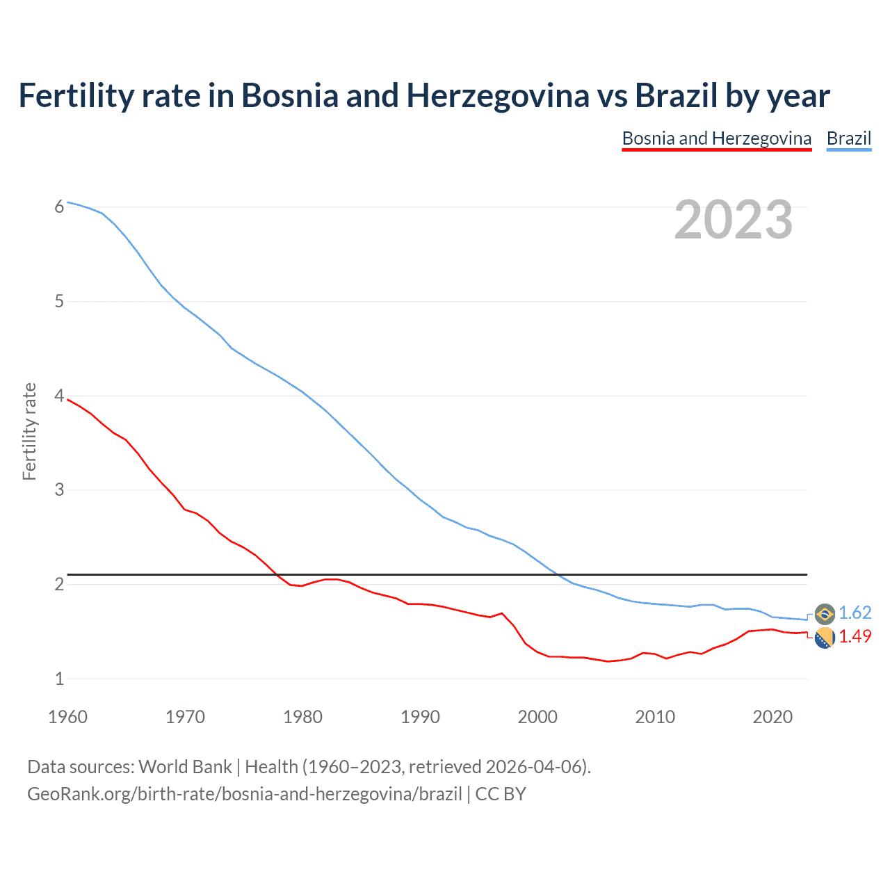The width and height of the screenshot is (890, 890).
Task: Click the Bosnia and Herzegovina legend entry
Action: (716, 138)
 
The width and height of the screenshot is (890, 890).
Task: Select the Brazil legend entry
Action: (848, 138)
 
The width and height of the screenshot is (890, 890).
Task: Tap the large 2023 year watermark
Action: (733, 220)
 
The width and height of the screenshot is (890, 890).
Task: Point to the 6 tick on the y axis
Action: (59, 207)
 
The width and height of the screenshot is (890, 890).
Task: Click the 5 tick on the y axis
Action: (59, 301)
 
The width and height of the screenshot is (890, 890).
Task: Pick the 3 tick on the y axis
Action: (59, 489)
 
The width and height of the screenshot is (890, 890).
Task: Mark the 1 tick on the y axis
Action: (59, 679)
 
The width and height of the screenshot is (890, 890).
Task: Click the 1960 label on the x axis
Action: (67, 717)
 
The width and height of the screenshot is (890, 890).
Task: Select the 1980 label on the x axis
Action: (302, 717)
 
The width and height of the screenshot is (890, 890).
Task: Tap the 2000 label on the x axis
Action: (537, 717)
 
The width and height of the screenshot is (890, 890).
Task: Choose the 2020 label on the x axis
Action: (772, 717)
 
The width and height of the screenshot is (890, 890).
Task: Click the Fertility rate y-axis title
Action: (29, 431)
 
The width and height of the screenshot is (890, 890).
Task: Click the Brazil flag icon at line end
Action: (825, 613)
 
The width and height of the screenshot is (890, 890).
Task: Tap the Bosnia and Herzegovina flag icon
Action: (825, 637)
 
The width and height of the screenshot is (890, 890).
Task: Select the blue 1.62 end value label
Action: (855, 613)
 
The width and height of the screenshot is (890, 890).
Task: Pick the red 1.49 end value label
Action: (855, 636)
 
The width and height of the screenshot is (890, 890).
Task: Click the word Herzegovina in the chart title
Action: (497, 96)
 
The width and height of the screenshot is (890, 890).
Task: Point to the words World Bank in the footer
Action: (185, 767)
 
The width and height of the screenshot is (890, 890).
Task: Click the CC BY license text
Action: (501, 794)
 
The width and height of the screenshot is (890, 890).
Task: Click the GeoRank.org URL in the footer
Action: (244, 794)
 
